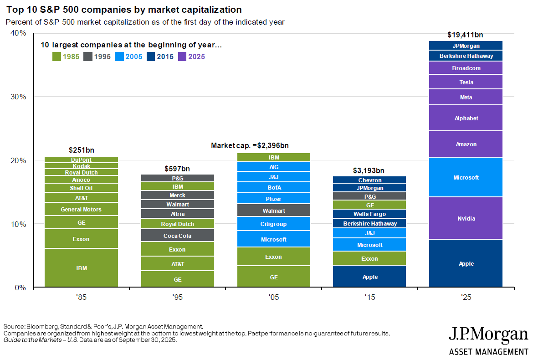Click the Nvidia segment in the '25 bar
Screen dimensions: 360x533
coord(466,218)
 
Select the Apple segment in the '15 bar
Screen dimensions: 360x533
coord(370,277)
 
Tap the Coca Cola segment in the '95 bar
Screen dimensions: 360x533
coord(178,236)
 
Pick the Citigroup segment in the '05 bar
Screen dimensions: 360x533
coord(274,224)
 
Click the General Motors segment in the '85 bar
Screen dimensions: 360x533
coord(81,209)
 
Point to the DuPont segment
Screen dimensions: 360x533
coord(81,159)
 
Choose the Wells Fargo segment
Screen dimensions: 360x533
coord(370,214)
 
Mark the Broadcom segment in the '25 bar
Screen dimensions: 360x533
coord(466,68)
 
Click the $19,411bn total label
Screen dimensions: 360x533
coord(465,35)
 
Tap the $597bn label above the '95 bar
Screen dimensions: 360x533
coord(177,169)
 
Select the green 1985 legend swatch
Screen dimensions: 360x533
coord(57,57)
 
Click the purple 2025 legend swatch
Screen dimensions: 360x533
coord(182,57)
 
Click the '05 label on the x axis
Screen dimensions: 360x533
coord(274,298)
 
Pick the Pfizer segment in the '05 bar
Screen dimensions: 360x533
coord(274,199)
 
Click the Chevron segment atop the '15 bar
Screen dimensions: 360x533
coord(370,180)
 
